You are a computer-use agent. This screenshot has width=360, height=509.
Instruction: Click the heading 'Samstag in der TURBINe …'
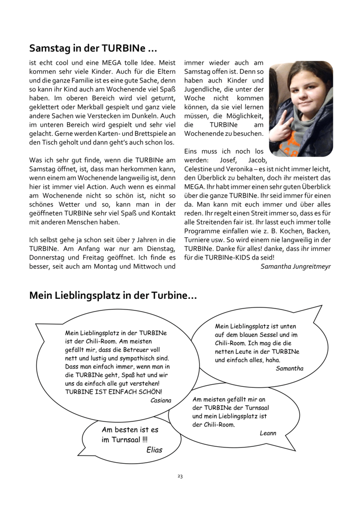tap(93, 49)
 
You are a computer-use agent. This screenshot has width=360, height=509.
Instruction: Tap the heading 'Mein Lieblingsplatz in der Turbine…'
tap(113, 295)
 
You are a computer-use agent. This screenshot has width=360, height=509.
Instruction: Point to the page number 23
tap(180, 476)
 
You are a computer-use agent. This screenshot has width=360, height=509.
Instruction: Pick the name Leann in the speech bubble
tap(268, 433)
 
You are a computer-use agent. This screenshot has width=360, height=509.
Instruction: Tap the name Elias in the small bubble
tap(154, 450)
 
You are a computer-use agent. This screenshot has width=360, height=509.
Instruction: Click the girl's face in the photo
tap(300, 94)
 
